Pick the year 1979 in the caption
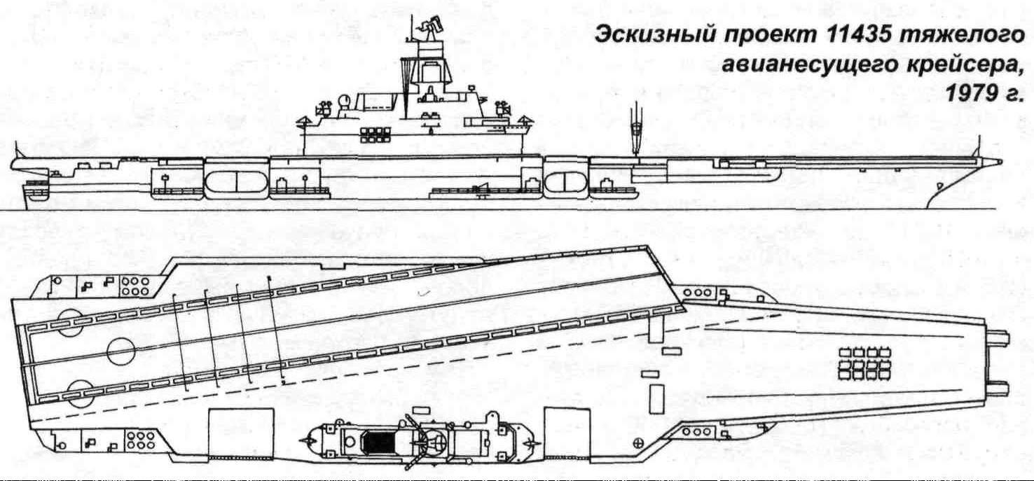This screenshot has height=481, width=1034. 970,94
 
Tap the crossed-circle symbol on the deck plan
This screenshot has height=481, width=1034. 638,443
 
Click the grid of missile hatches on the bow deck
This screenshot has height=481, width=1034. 864,363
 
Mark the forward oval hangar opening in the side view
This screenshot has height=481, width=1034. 566,182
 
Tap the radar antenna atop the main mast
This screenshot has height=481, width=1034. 429,24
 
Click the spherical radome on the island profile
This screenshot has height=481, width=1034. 345,101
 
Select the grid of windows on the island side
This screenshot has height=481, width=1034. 375,134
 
